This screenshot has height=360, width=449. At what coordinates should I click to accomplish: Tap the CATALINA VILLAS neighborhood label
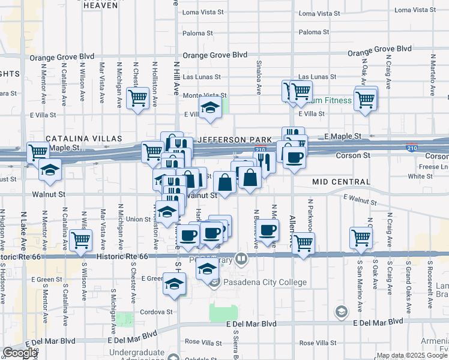click(80, 139)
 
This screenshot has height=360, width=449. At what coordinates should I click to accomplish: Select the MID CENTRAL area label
click(341, 181)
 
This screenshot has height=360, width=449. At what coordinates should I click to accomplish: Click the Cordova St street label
click(156, 312)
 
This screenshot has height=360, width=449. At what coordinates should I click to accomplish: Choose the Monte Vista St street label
click(205, 95)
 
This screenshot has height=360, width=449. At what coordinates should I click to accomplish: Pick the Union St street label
click(138, 220)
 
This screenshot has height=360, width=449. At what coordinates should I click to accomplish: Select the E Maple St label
click(343, 137)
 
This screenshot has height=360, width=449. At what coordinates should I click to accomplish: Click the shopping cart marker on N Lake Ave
click(38, 152)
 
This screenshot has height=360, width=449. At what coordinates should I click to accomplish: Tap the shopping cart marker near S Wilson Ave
click(80, 240)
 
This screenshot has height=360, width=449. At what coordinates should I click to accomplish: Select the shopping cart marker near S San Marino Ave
click(361, 238)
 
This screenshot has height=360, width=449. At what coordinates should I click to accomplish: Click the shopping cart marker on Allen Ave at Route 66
click(304, 243)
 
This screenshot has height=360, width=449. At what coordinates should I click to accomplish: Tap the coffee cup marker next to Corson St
click(294, 158)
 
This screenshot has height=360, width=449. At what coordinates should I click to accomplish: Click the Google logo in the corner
click(20, 353)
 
